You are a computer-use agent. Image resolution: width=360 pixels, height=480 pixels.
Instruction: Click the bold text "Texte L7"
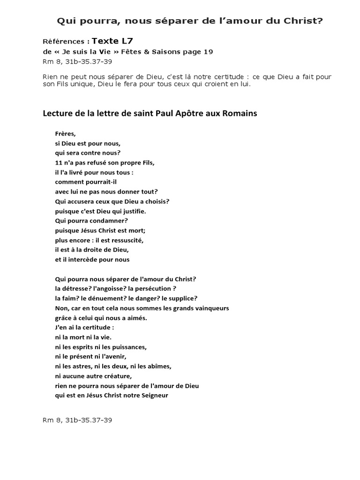(109, 41)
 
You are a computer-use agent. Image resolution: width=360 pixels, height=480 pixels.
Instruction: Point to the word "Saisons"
(172, 52)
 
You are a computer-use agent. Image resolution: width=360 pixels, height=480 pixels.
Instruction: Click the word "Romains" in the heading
(241, 113)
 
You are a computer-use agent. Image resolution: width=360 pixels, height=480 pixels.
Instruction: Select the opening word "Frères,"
(65, 134)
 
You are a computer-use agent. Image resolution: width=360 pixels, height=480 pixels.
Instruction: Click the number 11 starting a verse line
(59, 163)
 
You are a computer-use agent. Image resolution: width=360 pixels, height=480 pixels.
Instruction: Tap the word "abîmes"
(159, 366)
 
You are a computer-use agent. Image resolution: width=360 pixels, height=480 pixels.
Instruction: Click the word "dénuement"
(101, 298)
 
